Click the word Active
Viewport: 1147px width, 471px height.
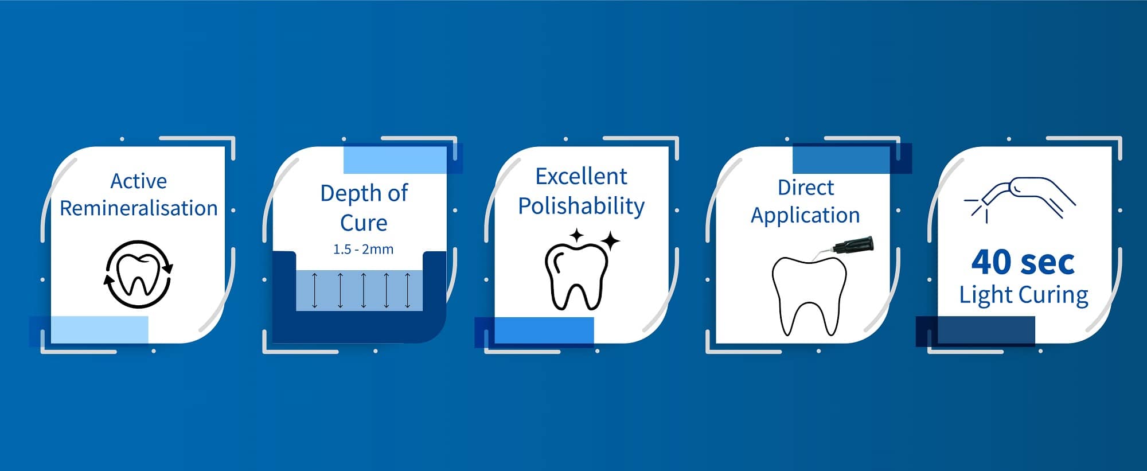[139, 181]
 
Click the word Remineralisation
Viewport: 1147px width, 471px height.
[139, 208]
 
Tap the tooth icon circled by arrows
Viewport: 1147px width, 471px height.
[138, 274]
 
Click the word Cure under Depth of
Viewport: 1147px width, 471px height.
[364, 223]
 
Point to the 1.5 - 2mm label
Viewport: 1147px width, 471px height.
[364, 250]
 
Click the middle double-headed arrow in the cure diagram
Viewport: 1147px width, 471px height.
[364, 290]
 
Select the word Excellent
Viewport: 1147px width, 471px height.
[581, 177]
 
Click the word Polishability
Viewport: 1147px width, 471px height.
[581, 206]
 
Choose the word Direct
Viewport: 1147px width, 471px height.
[806, 188]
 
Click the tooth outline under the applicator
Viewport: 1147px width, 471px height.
[809, 296]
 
